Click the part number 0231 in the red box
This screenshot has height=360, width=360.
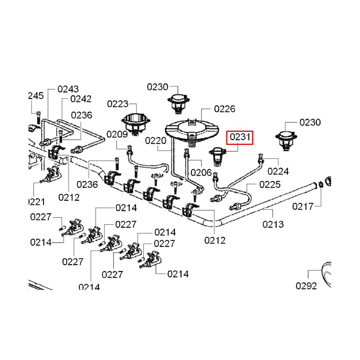point(240,138)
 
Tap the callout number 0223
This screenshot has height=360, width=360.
point(118,104)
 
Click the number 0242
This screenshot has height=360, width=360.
point(81,99)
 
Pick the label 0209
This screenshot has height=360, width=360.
point(117,134)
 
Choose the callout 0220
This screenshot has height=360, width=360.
point(156,140)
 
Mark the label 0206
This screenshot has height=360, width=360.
point(201,172)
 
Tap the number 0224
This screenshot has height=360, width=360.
point(278,171)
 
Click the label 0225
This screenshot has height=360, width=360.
point(270,185)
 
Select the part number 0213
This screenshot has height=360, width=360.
point(273,224)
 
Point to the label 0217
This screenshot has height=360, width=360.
point(303,206)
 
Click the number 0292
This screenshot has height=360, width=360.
point(306,286)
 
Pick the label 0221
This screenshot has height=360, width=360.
point(36,202)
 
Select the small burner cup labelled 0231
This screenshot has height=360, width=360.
point(218,155)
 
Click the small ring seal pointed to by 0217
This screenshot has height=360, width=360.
point(320,185)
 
